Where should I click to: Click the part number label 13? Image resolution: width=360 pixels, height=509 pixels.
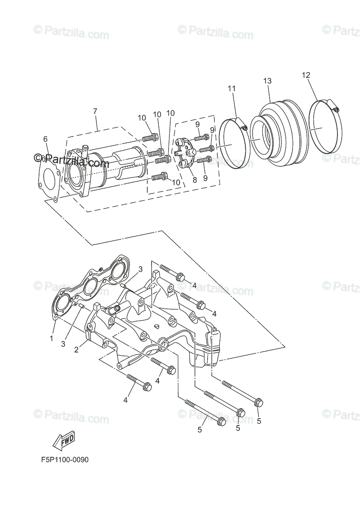tap(267, 81)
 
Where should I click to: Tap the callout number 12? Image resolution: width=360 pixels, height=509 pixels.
tap(306, 75)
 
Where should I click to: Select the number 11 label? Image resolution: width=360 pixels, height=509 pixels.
tap(231, 88)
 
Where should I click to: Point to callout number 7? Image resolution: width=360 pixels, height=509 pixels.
tap(95, 111)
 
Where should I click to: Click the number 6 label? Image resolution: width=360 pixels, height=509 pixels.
tap(45, 139)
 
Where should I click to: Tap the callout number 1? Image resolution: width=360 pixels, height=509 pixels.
tap(51, 338)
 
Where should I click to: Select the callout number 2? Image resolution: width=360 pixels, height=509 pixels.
tap(76, 350)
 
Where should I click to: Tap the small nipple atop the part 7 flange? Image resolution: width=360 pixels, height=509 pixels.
tap(84, 150)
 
